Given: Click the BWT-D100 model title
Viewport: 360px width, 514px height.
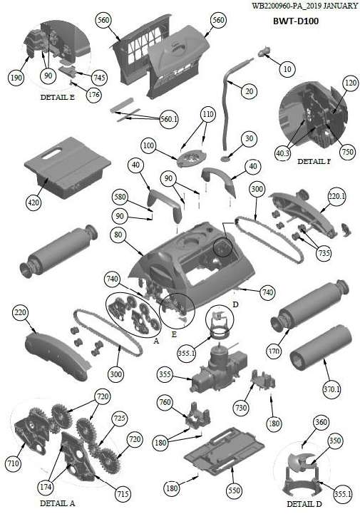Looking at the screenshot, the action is (x=296, y=21).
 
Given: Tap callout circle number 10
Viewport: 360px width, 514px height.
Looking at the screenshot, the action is (x=287, y=69).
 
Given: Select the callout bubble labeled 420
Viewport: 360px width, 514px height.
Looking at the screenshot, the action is (x=34, y=202).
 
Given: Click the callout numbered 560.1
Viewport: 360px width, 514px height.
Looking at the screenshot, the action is (x=168, y=118).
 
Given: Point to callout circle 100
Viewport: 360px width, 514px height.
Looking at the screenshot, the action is (x=148, y=145).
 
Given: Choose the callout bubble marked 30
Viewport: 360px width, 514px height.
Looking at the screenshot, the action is (x=250, y=138).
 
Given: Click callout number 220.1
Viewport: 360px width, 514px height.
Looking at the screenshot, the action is (x=337, y=196).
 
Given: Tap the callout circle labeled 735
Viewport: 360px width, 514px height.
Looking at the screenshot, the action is (x=324, y=253).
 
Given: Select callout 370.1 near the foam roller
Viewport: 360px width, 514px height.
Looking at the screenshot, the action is (x=331, y=389).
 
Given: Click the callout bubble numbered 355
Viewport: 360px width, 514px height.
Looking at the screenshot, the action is (x=165, y=374).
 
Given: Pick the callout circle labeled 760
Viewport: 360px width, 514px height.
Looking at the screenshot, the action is (x=165, y=401).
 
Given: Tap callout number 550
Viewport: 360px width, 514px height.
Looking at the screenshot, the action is (x=234, y=490).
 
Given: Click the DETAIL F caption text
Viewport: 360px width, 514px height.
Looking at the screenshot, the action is (x=314, y=161).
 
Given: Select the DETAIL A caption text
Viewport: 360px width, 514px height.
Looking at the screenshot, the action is (x=57, y=503).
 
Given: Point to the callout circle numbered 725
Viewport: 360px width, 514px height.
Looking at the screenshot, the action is (x=119, y=418).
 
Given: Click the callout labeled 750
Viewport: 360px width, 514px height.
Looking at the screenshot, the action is (x=348, y=151).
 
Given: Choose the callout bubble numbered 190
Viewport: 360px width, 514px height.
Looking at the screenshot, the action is (x=16, y=78).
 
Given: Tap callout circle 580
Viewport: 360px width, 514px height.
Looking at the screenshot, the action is (x=119, y=197).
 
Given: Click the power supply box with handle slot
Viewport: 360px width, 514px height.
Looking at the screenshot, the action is (x=67, y=167).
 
